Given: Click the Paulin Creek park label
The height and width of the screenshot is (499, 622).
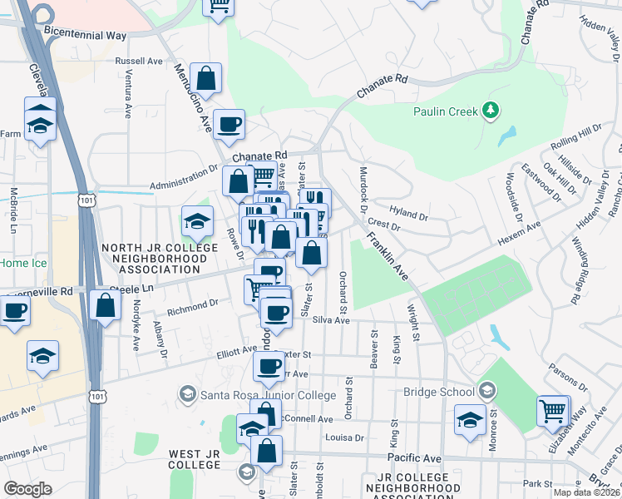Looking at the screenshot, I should coord(447,111).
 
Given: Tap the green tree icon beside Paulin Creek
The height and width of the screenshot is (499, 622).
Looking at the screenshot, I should coord(491,110).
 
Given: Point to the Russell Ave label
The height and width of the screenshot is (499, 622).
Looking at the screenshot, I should coord(139,61).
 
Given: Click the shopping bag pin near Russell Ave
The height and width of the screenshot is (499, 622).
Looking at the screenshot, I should coord(205,81).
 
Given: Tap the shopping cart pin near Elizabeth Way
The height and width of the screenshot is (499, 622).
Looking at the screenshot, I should coord(553,411).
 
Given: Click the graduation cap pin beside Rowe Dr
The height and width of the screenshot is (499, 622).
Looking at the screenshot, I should coord(196,222).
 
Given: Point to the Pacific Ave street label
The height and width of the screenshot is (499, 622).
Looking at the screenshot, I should coord(414,458).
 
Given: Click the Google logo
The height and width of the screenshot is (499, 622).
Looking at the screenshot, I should coord(27,488).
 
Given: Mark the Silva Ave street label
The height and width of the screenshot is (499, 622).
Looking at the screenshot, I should coord(331,320).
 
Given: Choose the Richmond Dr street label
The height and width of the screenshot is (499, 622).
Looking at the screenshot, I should coord(192,307).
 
